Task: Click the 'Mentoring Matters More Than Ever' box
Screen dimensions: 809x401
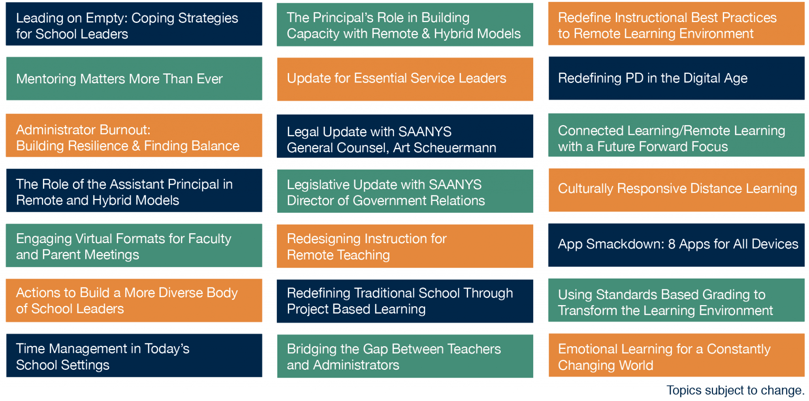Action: [134, 79]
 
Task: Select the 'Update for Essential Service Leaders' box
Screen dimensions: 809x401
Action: [405, 79]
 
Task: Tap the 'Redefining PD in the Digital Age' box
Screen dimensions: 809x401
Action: [676, 78]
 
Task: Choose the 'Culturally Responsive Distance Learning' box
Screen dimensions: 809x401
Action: [676, 190]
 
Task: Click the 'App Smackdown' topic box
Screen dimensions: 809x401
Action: [676, 245]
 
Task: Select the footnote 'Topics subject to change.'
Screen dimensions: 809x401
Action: [736, 390]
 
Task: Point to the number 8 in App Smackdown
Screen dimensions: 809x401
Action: [672, 244]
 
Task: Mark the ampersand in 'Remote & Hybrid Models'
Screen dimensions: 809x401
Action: [426, 34]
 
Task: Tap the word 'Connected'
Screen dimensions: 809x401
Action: [591, 131]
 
